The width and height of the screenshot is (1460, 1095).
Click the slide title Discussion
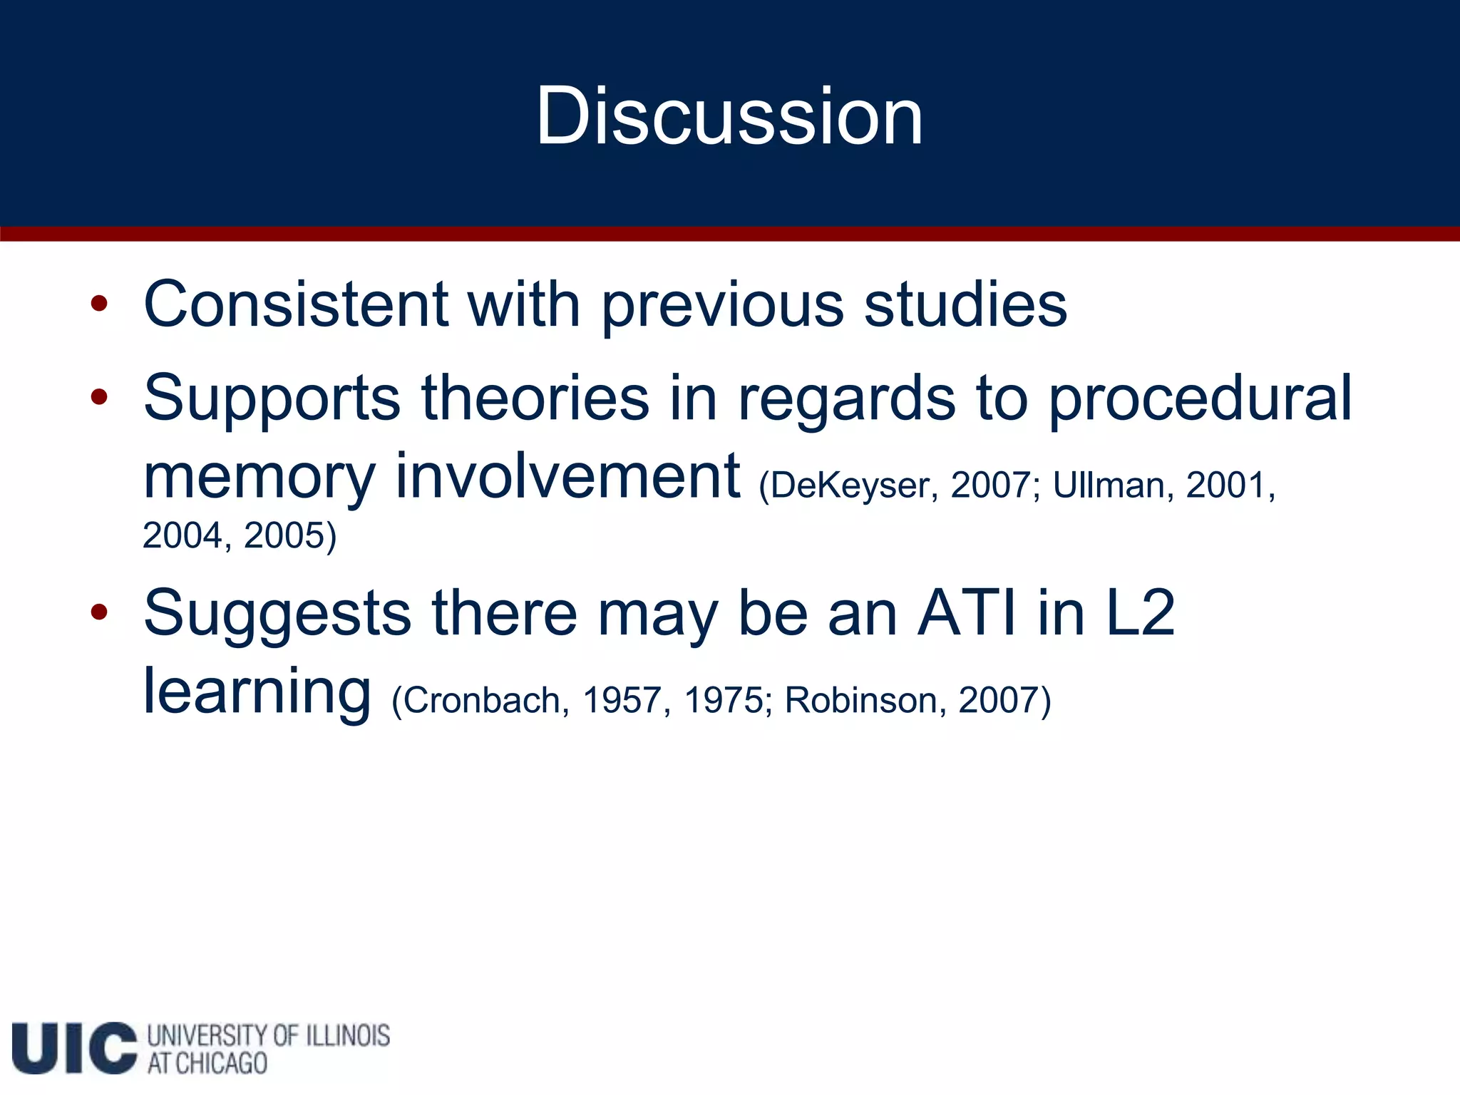(x=729, y=115)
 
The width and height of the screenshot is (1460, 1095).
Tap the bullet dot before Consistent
(x=99, y=304)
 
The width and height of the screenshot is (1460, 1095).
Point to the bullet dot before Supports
(x=99, y=397)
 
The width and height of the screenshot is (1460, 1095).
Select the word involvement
(x=567, y=476)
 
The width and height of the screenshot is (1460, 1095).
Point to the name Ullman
(x=1109, y=485)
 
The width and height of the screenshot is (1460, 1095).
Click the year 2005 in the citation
(x=284, y=535)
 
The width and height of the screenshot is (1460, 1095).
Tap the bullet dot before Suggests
(x=99, y=612)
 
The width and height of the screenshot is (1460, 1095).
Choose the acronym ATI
(x=967, y=613)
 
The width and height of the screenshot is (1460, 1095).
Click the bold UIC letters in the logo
(x=74, y=1048)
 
